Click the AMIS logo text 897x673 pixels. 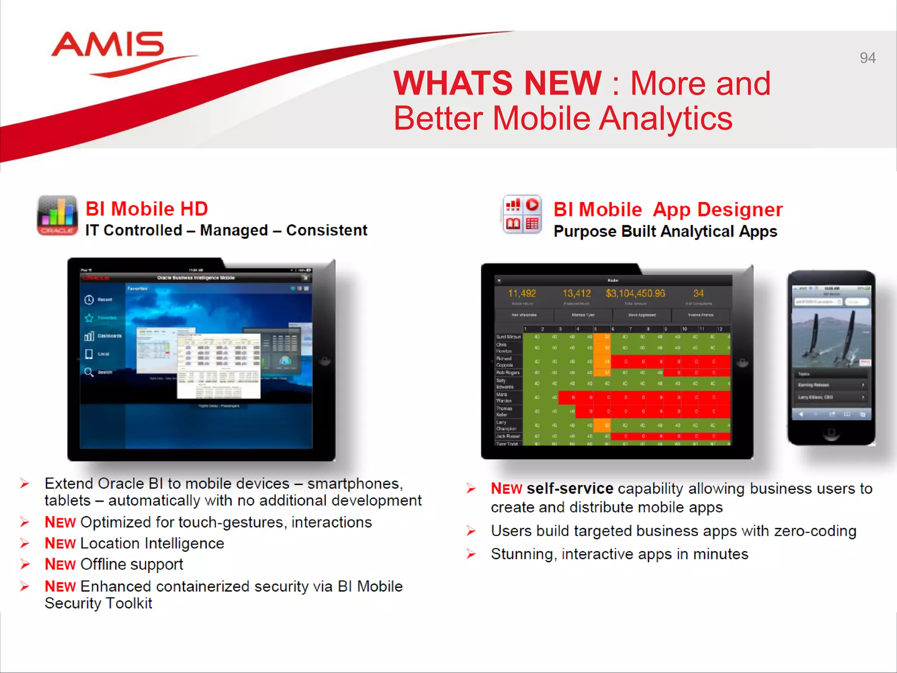108,45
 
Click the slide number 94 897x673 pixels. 867,58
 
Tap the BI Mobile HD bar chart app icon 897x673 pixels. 57,216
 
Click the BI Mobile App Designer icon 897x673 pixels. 522,215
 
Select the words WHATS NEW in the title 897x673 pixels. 497,83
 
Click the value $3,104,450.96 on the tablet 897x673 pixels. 635,294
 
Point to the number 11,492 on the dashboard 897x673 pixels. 522,294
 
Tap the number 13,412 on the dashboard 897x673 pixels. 576,294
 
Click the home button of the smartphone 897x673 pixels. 831,433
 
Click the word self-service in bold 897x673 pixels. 570,489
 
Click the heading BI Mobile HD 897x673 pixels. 146,209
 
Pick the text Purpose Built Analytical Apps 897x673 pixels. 665,231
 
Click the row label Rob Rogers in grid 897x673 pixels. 508,373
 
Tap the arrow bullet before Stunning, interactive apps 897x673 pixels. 471,554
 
